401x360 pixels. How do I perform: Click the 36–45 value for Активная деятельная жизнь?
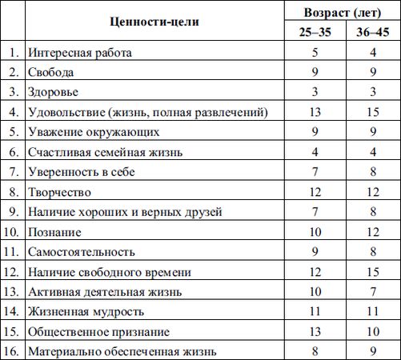372,292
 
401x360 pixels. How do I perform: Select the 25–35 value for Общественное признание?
315,332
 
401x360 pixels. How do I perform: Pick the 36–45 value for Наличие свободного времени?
372,272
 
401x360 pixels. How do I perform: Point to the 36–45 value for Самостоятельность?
372,252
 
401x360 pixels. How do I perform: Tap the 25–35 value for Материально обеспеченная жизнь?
315,351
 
